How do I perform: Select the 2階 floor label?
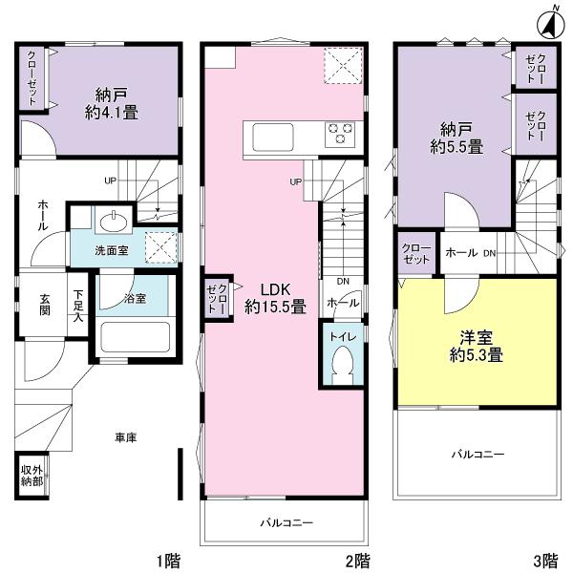(x=357, y=559)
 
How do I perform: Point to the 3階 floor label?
(x=545, y=559)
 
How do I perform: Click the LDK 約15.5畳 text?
(x=274, y=298)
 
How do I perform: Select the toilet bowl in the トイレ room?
(x=342, y=364)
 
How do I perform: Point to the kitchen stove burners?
(x=339, y=135)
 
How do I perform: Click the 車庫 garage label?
(x=125, y=437)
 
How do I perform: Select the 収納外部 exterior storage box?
(x=32, y=475)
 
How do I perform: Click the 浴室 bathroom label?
(x=136, y=299)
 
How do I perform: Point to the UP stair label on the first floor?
(x=112, y=180)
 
